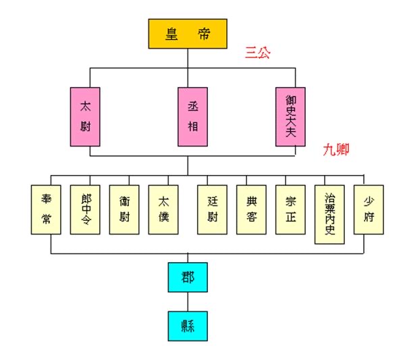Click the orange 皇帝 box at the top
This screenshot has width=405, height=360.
pyautogui.click(x=188, y=34)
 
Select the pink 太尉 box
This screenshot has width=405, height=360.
pyautogui.click(x=85, y=116)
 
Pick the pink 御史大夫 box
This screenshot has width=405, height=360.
pyautogui.click(x=291, y=116)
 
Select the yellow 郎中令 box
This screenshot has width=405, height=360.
pyautogui.click(x=85, y=209)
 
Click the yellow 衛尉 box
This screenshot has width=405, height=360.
pyautogui.click(x=124, y=209)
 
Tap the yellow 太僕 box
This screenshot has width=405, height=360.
pyautogui.click(x=163, y=209)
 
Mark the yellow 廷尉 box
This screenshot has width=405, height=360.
pyautogui.click(x=212, y=209)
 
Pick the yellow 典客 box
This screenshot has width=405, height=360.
pyautogui.click(x=251, y=209)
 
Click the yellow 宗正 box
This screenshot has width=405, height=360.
pyautogui.click(x=290, y=209)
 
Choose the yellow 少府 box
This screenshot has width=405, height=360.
pyautogui.click(x=369, y=209)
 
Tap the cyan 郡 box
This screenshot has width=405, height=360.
pyautogui.click(x=188, y=277)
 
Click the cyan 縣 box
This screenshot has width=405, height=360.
pyautogui.click(x=188, y=326)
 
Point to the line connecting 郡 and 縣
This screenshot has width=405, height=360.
pyautogui.click(x=188, y=301)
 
